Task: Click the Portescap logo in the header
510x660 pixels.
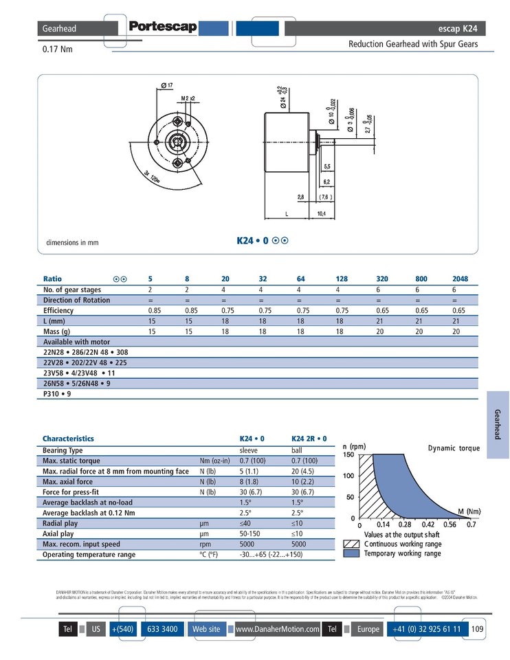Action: (x=162, y=28)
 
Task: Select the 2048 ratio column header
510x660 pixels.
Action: (x=460, y=279)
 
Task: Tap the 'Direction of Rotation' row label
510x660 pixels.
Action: (x=77, y=300)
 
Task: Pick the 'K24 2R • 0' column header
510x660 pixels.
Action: (x=309, y=438)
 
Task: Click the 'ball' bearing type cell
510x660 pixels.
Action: (x=297, y=450)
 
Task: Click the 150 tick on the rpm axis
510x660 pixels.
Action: (x=348, y=454)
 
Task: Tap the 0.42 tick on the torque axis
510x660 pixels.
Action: (x=428, y=525)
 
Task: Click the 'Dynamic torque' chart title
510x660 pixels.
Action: (x=454, y=448)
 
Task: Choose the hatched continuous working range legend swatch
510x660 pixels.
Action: (x=351, y=544)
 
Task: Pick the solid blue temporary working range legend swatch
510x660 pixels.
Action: (x=351, y=553)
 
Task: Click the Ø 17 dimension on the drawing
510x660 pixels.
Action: (x=167, y=85)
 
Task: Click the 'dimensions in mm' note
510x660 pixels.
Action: (x=73, y=243)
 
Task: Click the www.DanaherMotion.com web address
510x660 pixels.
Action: (x=277, y=629)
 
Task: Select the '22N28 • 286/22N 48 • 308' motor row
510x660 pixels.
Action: (x=85, y=351)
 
